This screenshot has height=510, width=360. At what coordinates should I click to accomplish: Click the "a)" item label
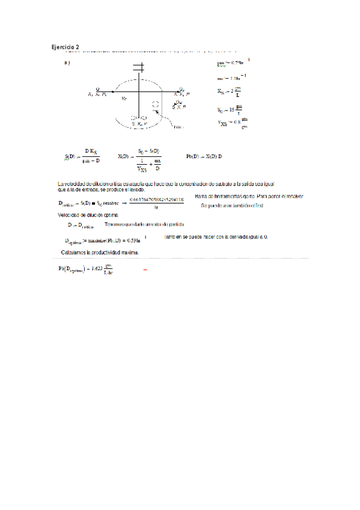click(66, 63)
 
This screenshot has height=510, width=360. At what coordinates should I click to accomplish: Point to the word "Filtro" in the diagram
click(178, 127)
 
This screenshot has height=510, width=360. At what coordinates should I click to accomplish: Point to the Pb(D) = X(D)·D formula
click(204, 156)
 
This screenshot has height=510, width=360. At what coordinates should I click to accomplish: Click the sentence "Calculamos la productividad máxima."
click(100, 252)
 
